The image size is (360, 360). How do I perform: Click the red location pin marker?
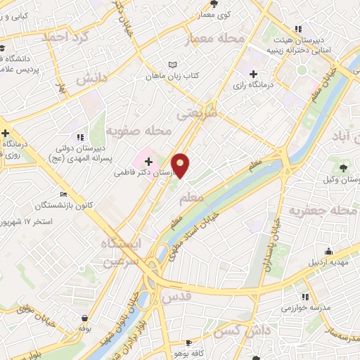pyautogui.click(x=181, y=165)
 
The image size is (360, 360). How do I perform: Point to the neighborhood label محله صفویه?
pyautogui.click(x=139, y=131)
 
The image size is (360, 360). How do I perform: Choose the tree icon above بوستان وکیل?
pyautogui.click(x=342, y=167)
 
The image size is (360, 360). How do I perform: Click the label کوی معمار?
pyautogui.click(x=214, y=13)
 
